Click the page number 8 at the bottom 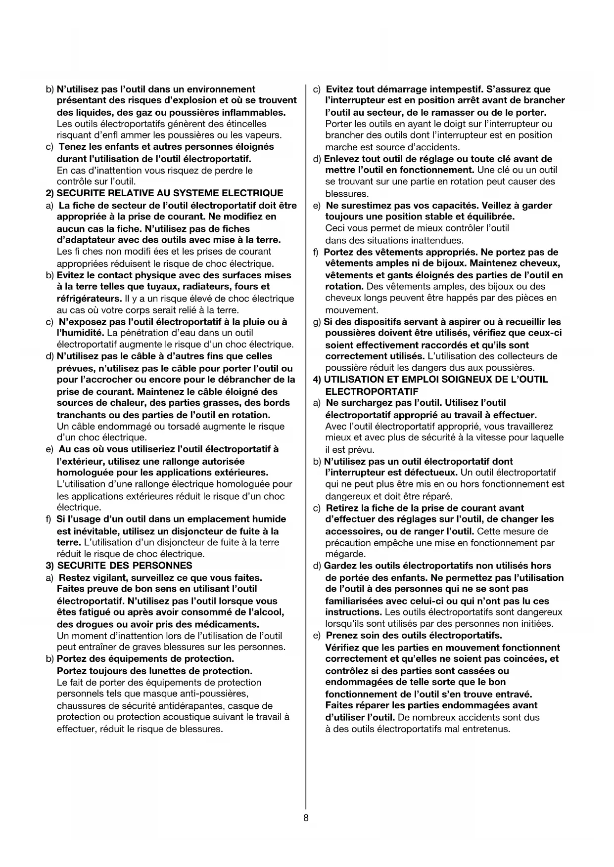point(306,818)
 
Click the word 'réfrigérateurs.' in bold point(89,299)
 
